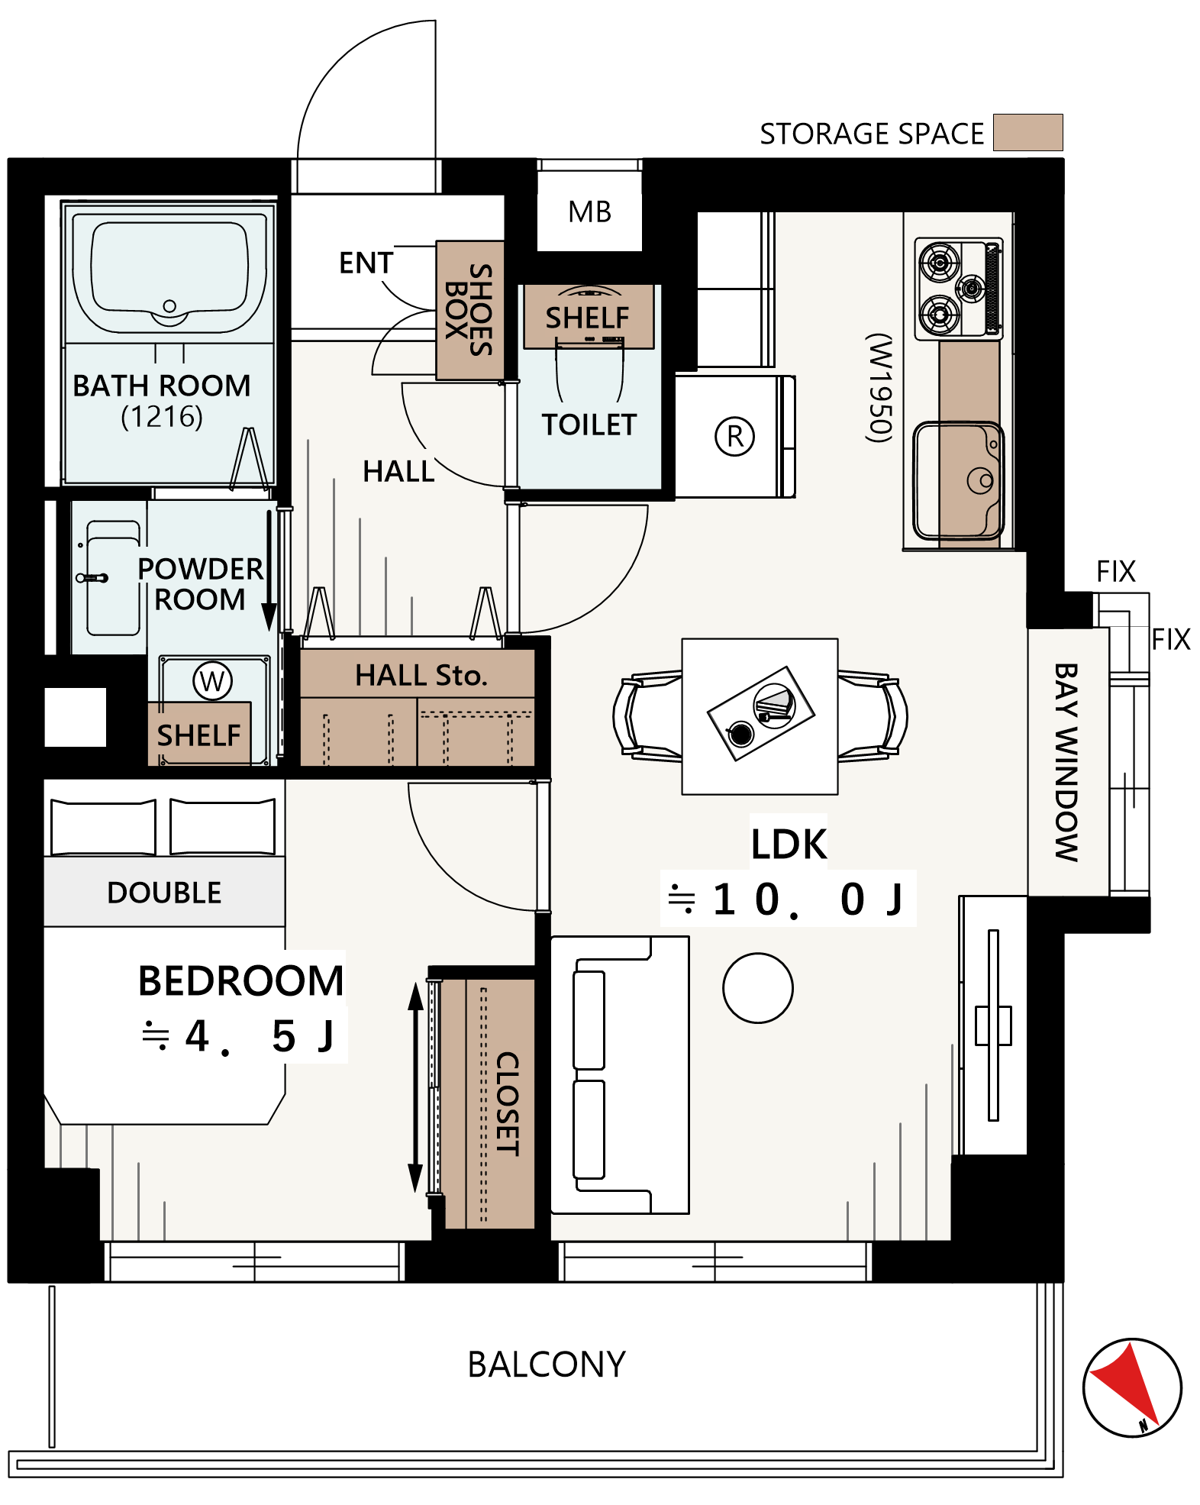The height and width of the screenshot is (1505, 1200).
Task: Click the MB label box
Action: (589, 212)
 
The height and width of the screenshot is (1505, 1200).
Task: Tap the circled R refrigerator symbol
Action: (734, 437)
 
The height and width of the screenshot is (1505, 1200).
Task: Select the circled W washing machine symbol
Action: (212, 680)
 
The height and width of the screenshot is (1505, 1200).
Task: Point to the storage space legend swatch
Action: (1027, 132)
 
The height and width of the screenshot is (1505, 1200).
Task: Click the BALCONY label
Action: (547, 1365)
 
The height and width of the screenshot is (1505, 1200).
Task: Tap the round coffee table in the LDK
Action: (758, 988)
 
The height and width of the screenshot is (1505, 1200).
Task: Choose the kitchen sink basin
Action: (959, 480)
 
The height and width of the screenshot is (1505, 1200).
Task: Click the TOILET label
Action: (589, 425)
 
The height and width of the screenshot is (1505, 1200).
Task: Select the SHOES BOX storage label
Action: (469, 309)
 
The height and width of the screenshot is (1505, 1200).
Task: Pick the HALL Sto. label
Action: (421, 675)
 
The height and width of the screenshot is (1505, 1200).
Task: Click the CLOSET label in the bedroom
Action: (508, 1104)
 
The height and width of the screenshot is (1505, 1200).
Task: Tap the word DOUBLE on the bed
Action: (164, 893)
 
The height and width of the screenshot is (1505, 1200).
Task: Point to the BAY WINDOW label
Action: (1066, 762)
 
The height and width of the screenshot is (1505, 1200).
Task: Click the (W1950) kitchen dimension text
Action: (879, 387)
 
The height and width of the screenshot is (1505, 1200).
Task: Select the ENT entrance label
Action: (366, 263)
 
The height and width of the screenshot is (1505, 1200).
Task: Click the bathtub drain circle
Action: (169, 306)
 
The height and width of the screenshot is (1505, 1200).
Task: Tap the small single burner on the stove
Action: (971, 288)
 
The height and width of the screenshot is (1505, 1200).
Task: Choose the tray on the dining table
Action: (761, 713)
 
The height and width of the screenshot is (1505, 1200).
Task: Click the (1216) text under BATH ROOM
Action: (162, 417)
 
